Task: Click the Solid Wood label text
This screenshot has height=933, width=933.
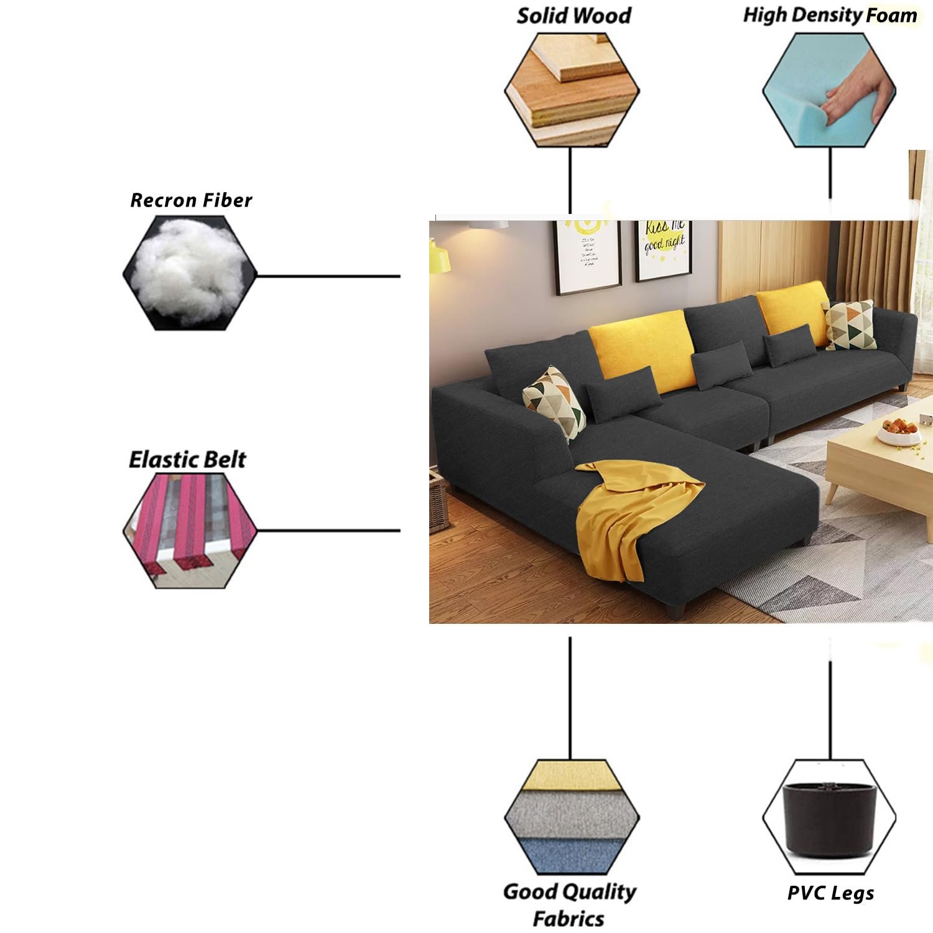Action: coord(573,16)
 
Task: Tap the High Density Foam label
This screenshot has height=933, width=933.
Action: coord(830,16)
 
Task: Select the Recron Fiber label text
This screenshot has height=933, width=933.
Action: coord(191,200)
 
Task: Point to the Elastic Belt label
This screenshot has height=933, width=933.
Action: coord(187,460)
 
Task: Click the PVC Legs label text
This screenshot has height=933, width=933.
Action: coord(830,893)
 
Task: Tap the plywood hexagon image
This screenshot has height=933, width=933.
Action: coord(572,90)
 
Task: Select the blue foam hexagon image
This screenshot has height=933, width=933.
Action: coord(829,91)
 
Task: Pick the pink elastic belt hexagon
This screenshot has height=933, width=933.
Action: coord(190,531)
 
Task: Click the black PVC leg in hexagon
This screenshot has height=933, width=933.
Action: coord(829,817)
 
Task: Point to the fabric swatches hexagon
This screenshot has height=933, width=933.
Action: coord(572,817)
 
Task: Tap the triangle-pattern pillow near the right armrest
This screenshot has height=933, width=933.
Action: coord(850,325)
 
